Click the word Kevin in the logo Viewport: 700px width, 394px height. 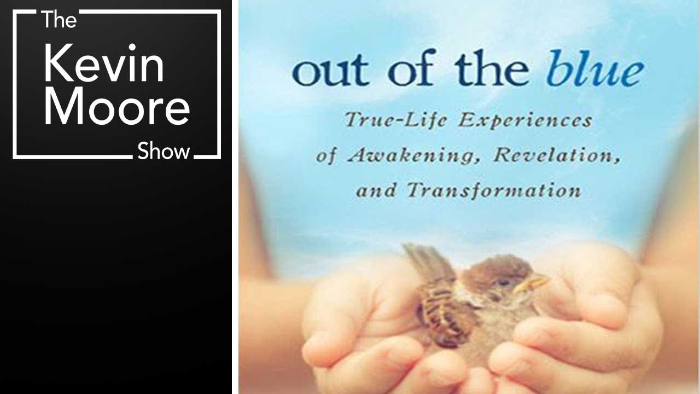pos(104,65)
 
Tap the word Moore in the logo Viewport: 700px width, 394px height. pos(117,108)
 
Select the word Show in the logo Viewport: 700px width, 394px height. pos(164,150)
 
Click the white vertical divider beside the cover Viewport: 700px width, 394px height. pos(235,197)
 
